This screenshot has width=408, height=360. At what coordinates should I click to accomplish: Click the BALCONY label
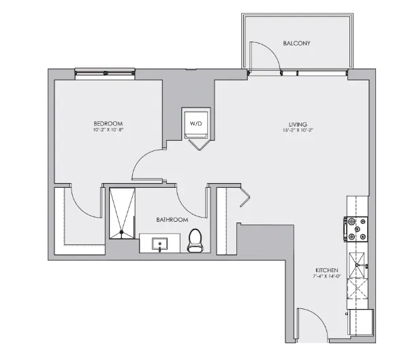(x=296, y=44)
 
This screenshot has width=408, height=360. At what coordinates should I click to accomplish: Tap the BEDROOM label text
(x=108, y=123)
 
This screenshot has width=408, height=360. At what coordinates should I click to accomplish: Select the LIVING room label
(x=298, y=125)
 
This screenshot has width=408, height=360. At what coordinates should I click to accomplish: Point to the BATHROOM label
(x=172, y=220)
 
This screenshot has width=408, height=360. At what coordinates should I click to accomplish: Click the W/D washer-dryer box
(x=196, y=124)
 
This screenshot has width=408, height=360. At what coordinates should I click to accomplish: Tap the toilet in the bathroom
(x=195, y=240)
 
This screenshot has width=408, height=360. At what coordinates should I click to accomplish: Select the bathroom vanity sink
(x=161, y=243)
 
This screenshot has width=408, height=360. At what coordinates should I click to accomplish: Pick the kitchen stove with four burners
(x=358, y=229)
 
